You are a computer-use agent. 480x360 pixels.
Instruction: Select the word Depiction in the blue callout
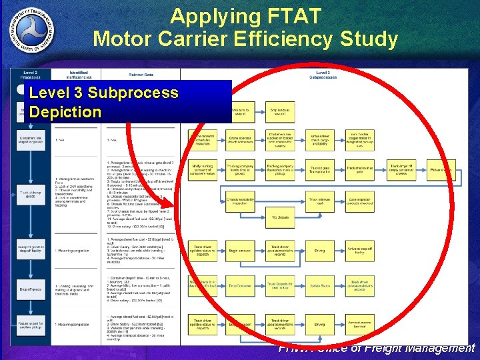[x=65, y=111]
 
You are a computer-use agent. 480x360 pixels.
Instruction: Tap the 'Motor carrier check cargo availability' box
[x=320, y=139]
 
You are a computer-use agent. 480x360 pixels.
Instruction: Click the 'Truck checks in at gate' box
[x=359, y=170]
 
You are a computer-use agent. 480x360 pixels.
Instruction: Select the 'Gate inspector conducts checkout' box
[x=359, y=201]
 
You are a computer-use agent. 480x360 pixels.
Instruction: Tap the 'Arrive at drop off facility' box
[x=359, y=251]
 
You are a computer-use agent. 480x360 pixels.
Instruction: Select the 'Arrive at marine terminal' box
[x=359, y=325]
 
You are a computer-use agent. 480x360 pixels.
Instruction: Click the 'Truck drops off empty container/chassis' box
[x=399, y=170]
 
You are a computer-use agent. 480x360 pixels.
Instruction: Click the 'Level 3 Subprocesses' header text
[x=323, y=73]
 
